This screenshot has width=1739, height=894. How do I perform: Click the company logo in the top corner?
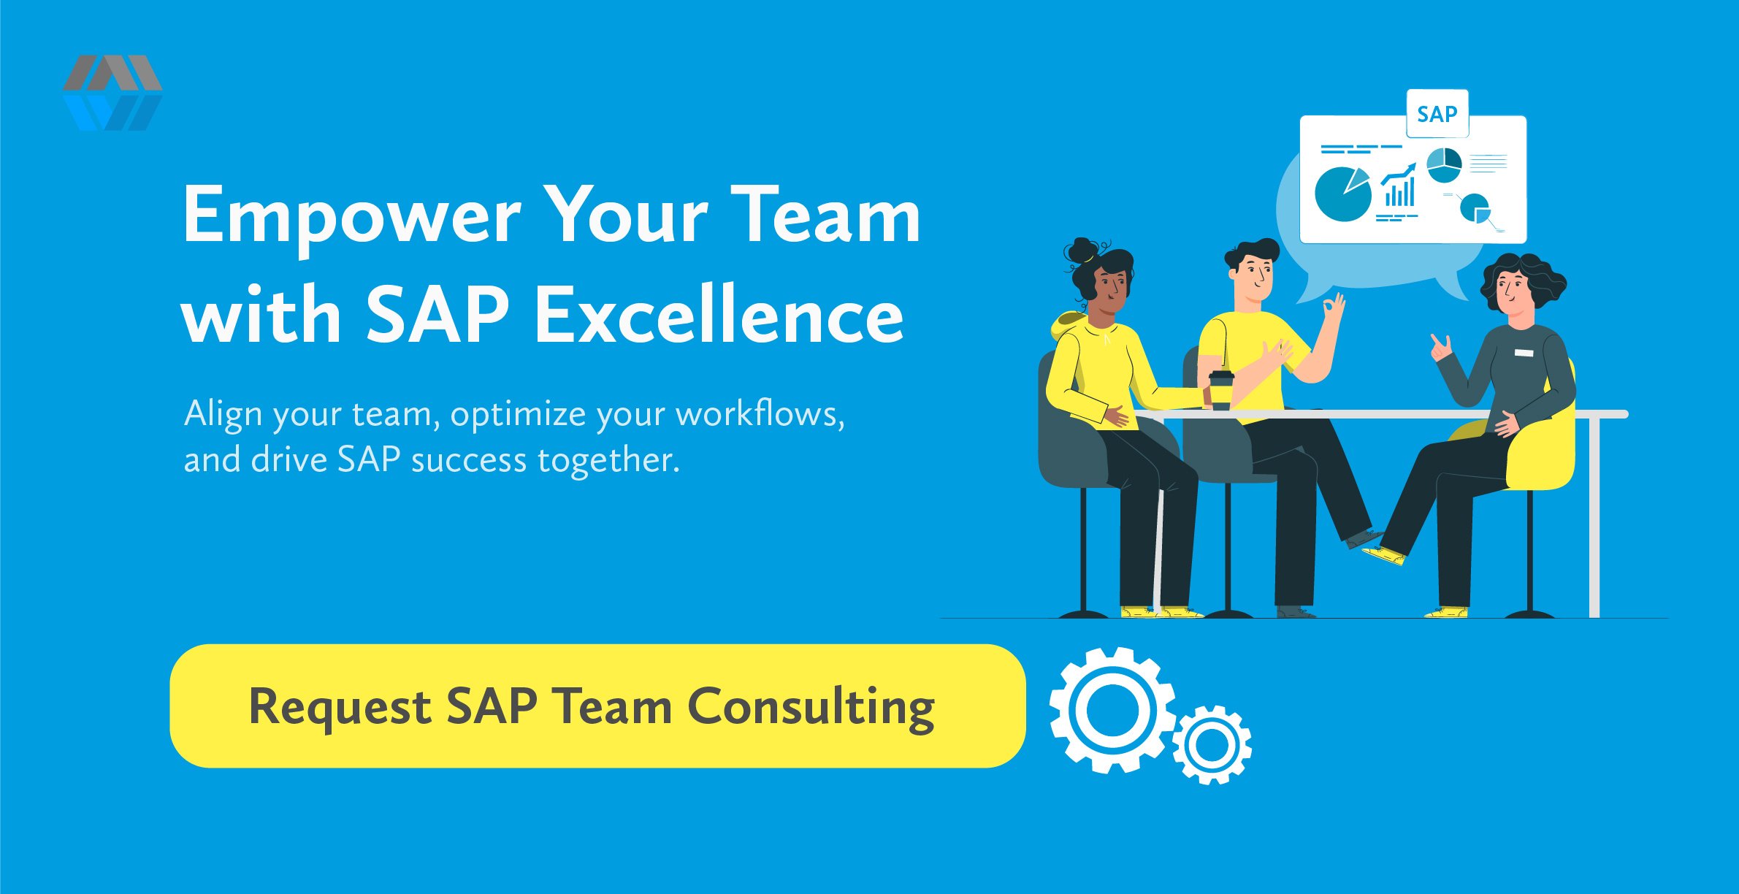112,93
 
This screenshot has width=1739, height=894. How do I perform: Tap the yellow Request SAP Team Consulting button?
597,706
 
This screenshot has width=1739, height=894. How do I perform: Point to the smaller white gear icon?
1212,744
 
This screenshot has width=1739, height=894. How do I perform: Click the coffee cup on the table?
1220,390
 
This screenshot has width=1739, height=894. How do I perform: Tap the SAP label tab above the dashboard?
1437,114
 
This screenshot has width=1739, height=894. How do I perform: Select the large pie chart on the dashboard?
1342,194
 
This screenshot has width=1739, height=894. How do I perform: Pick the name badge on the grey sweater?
1524,353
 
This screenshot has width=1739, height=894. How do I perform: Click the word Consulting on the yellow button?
811,708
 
